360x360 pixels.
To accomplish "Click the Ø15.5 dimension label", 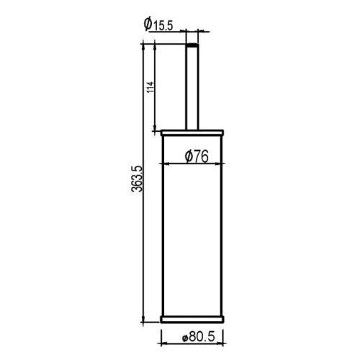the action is coord(158,24).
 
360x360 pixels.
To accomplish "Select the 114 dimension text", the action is coord(150,88).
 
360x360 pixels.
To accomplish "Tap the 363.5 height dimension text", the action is coord(137,179).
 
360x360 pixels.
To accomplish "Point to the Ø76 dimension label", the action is coord(197,156).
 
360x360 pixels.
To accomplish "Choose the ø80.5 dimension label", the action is coord(198,337).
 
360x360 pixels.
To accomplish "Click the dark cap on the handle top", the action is coord(192,45).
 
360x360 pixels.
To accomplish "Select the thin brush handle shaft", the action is coord(192,86).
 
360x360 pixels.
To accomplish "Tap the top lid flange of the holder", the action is coord(192,132).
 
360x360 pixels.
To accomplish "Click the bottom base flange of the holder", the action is coord(192,319).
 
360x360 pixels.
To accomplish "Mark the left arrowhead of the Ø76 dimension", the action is coord(164,164).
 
